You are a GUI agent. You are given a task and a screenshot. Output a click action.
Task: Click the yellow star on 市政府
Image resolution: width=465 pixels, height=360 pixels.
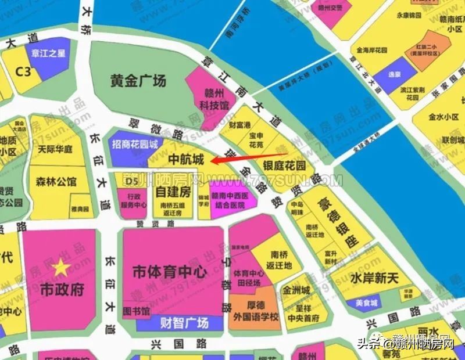pyautogui.click(x=59, y=268)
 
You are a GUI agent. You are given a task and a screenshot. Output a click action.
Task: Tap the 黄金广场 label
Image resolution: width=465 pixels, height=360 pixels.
pyautogui.click(x=138, y=80)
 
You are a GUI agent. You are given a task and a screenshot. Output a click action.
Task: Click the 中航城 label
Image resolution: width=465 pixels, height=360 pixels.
pyautogui.click(x=185, y=159)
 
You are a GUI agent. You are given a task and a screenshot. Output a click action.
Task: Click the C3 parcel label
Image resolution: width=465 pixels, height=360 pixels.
pyautogui.click(x=23, y=71)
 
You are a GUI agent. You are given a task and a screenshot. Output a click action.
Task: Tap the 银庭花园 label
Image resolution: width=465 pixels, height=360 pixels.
pyautogui.click(x=284, y=165)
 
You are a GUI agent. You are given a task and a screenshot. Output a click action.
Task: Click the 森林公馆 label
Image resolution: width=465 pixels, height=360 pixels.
pyautogui.click(x=56, y=181)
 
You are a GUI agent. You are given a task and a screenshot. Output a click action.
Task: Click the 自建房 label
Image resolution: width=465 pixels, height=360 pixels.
pyautogui.click(x=173, y=191)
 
